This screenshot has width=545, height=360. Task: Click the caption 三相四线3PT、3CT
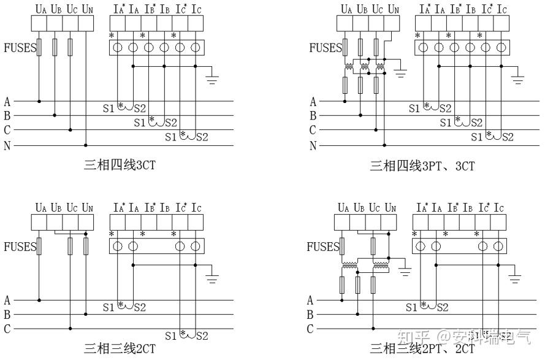(422, 165)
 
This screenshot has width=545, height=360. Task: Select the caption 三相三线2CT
(120, 349)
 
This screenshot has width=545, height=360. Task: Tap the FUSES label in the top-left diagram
(20, 48)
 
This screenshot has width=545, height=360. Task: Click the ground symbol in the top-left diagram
(213, 78)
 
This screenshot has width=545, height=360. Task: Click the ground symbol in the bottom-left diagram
(213, 277)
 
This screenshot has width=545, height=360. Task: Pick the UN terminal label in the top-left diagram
(87, 9)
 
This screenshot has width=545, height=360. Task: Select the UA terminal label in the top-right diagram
(347, 9)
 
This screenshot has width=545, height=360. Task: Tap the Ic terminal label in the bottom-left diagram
(196, 209)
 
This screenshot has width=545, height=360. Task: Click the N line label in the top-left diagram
(7, 146)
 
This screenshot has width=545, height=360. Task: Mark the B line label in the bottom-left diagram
(7, 315)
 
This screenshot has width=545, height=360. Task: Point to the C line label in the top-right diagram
(313, 130)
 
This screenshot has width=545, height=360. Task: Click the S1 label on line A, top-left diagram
(109, 108)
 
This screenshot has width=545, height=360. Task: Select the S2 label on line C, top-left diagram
(201, 137)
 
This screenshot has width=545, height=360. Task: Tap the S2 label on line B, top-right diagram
(476, 123)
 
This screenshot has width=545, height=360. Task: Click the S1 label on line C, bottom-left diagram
(171, 336)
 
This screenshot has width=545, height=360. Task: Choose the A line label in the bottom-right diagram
(310, 300)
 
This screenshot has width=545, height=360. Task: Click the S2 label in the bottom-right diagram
(441, 307)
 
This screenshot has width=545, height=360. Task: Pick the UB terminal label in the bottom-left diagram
(56, 209)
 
